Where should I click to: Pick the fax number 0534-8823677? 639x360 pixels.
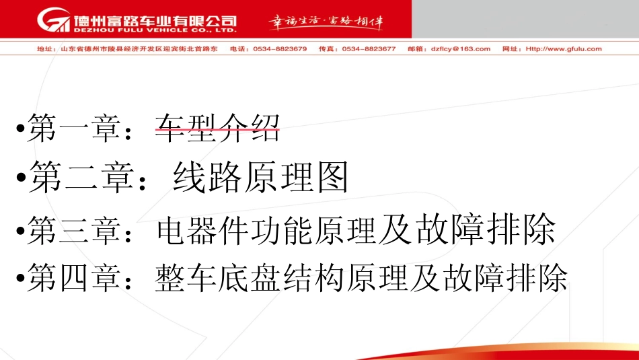coord(369,49)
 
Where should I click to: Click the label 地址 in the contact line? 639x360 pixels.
coord(44,49)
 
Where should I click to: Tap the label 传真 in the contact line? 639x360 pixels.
coord(326,49)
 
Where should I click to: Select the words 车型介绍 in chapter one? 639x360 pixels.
coord(217,128)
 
